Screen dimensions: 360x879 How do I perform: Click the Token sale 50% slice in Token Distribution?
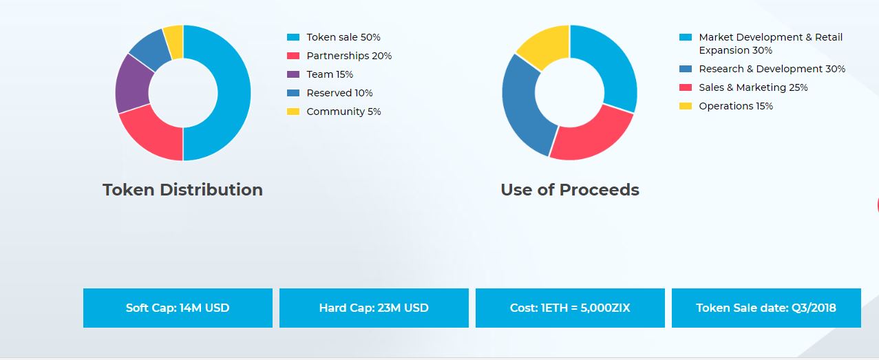[234, 93]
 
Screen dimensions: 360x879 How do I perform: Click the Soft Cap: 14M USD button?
[178, 308]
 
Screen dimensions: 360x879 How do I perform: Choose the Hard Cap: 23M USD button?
[374, 308]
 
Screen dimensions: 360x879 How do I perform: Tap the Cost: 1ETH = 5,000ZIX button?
[570, 308]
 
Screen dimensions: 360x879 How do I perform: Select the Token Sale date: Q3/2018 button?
[766, 308]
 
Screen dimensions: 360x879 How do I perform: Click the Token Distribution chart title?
[182, 190]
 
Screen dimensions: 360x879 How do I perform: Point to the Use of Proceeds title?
[570, 190]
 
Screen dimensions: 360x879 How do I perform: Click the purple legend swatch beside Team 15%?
[293, 74]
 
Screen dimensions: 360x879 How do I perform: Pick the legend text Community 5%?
[343, 112]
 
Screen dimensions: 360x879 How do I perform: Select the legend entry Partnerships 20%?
[349, 56]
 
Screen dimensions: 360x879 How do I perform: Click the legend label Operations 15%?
[736, 106]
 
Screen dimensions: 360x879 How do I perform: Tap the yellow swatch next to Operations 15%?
[686, 106]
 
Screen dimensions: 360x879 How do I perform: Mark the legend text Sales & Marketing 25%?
[753, 87]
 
